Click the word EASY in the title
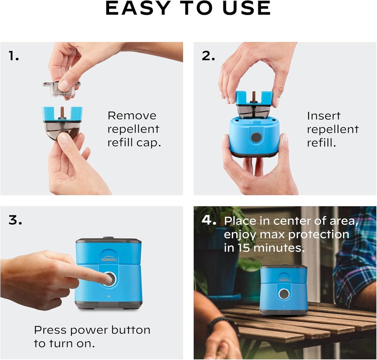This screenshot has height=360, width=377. (138, 8)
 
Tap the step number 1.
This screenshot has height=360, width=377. (14, 56)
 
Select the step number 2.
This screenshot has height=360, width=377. (208, 56)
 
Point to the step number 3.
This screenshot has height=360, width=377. (15, 220)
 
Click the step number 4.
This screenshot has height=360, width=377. (209, 220)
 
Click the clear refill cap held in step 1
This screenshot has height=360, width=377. (61, 88)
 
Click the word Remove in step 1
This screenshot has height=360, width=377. (132, 115)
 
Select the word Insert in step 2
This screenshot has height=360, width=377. (324, 116)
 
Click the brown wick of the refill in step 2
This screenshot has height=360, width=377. (254, 96)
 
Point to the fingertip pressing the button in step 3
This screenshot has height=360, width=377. (109, 280)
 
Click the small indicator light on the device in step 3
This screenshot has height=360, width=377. (109, 296)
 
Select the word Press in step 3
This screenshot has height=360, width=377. (50, 330)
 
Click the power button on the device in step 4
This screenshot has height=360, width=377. (284, 294)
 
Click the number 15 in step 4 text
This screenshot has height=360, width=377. (244, 248)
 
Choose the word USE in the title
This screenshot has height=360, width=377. (247, 8)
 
